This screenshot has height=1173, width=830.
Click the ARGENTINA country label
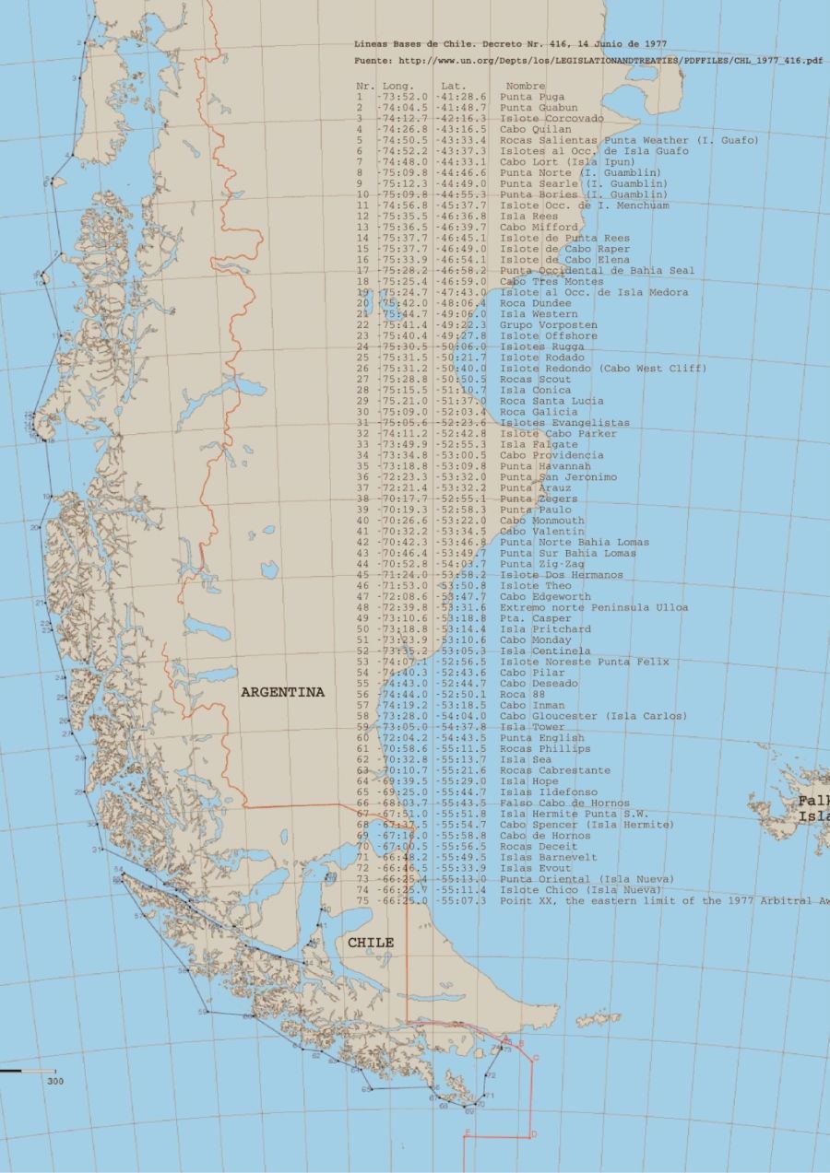click(282, 692)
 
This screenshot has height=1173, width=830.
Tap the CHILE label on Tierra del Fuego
click(371, 943)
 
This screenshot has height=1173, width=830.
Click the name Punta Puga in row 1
click(532, 97)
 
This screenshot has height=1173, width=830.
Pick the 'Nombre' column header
click(526, 86)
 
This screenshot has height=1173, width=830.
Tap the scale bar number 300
click(55, 1081)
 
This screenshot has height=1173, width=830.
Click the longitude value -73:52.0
click(402, 97)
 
